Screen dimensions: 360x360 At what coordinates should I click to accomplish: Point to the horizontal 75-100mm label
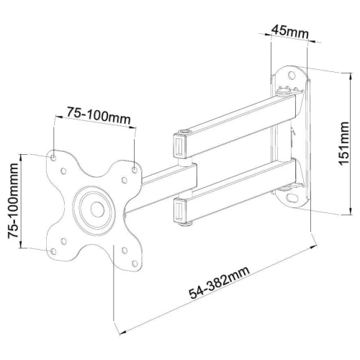pyautogui.click(x=94, y=112)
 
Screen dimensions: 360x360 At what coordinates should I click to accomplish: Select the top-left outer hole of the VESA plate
pyautogui.click(x=54, y=153)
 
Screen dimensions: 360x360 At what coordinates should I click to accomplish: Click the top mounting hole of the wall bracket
pyautogui.click(x=294, y=73)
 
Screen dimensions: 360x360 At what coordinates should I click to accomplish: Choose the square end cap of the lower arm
pyautogui.click(x=177, y=210)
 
